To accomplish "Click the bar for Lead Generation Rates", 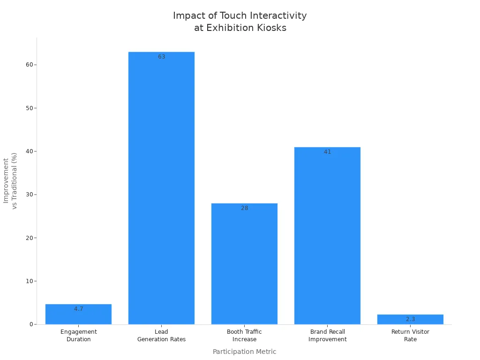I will (161, 187).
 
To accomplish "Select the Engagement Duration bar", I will (78, 315).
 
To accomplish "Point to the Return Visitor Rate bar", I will (410, 320).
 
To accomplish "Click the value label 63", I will (161, 57).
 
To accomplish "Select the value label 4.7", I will (78, 309).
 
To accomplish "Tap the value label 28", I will (244, 208).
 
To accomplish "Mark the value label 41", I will (327, 152).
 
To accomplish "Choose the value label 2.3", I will (410, 319).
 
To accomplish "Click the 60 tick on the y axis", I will (29, 65).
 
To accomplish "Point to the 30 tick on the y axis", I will (29, 195).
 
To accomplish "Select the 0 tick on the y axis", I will (31, 324).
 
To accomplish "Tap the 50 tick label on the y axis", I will (29, 108).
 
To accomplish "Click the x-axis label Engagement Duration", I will (78, 336).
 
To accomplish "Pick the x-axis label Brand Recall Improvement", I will (327, 336).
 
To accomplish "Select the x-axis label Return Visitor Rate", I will (410, 336).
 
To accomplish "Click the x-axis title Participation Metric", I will (244, 352).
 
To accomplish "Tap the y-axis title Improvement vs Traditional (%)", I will (10, 180).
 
